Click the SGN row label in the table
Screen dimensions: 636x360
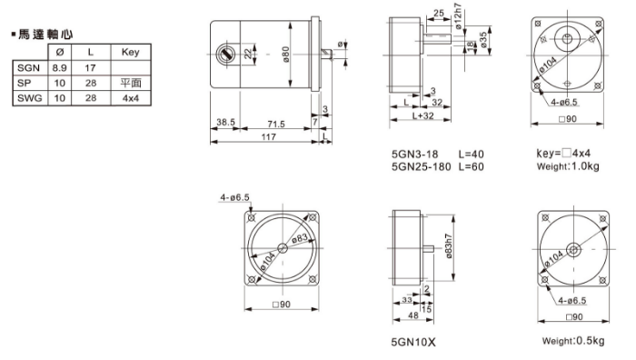(x=28, y=68)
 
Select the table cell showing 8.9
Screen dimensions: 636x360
(x=60, y=68)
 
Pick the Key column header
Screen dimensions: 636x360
(x=130, y=52)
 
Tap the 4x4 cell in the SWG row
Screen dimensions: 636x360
(x=131, y=98)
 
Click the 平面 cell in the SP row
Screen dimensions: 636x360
(x=131, y=84)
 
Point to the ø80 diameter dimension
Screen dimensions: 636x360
(x=286, y=55)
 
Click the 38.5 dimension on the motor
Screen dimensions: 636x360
(x=225, y=122)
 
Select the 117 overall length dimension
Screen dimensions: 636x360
(x=269, y=136)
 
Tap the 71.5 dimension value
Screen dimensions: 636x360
(x=276, y=124)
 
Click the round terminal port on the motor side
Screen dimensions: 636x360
(x=224, y=55)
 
